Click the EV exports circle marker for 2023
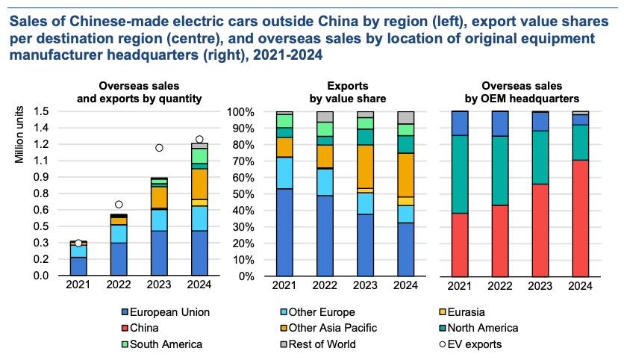(158, 148)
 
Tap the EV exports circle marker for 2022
(118, 204)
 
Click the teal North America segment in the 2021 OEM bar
(460, 174)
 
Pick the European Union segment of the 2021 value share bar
(284, 232)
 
